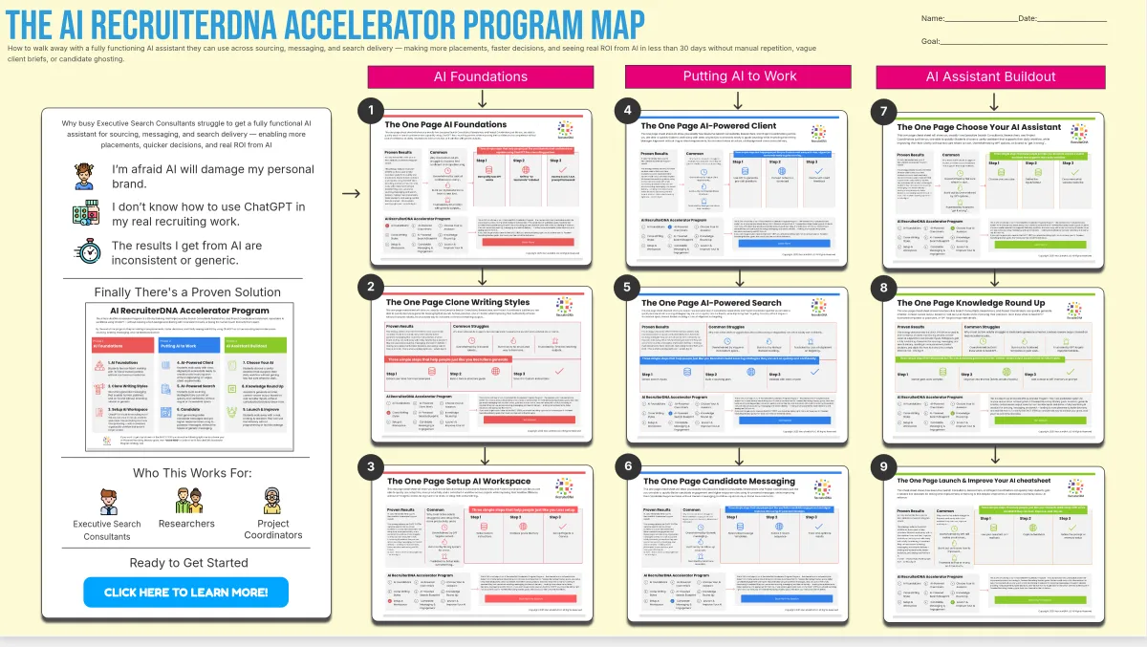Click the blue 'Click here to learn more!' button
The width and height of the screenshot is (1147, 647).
point(185,593)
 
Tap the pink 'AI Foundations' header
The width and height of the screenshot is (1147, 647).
point(481,76)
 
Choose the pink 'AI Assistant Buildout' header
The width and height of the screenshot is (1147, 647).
point(991,76)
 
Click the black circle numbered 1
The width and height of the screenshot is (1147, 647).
point(370,112)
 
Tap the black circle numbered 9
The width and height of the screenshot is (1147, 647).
point(882,466)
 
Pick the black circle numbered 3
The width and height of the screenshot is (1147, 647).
point(370,466)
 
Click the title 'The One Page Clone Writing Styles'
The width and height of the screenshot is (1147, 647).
point(453,303)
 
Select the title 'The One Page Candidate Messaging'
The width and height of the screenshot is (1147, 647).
point(719,481)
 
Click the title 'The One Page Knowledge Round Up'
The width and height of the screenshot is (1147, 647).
point(972,303)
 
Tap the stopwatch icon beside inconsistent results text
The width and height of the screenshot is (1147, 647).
point(89,251)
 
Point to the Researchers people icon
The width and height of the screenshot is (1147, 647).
point(186,500)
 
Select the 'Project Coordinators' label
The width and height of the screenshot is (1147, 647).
point(272,529)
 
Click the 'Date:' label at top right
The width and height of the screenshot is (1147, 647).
point(1028,18)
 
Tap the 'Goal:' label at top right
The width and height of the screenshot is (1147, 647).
point(931,41)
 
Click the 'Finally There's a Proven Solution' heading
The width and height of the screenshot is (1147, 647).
point(187,292)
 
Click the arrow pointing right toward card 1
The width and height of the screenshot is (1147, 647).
point(351,193)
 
